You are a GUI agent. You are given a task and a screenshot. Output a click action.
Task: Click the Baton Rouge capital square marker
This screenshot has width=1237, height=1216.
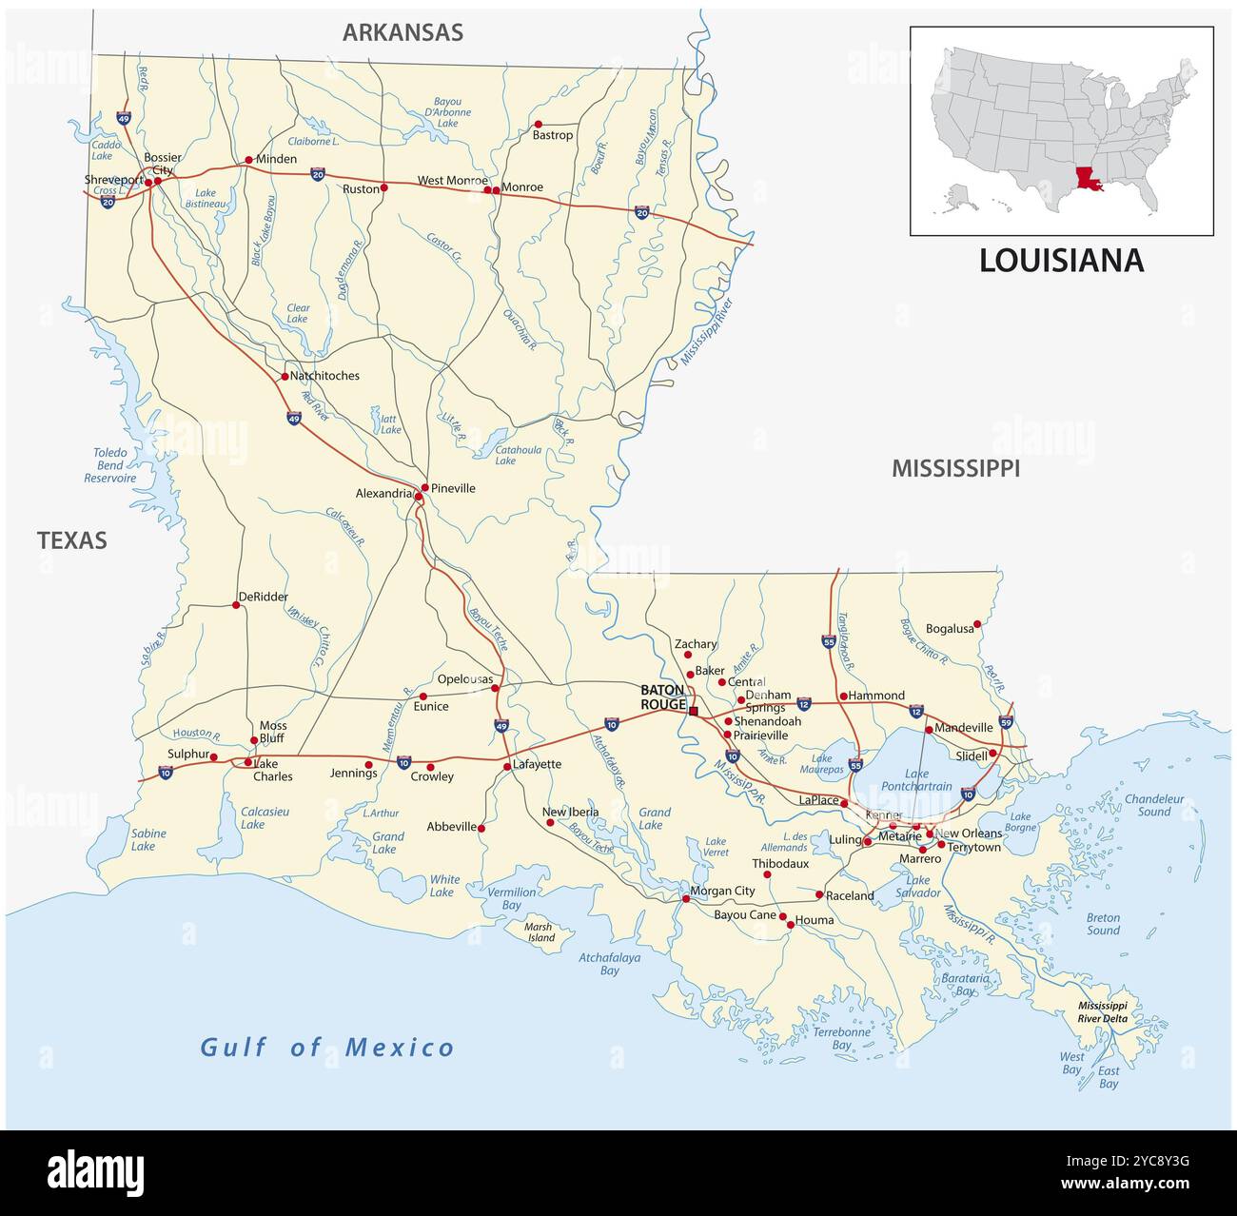[694, 711]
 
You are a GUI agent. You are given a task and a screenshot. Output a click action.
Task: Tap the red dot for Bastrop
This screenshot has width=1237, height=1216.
[538, 124]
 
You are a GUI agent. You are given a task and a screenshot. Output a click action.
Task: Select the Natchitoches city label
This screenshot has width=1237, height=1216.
[324, 376]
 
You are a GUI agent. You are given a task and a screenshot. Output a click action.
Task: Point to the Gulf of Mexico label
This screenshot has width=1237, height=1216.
[327, 1048]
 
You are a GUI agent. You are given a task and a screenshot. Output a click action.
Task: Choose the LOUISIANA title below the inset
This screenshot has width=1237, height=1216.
[1061, 261]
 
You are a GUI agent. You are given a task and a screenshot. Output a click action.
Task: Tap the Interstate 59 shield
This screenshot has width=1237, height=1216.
[1007, 722]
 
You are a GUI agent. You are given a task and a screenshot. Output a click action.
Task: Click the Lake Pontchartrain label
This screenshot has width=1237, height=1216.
[916, 780]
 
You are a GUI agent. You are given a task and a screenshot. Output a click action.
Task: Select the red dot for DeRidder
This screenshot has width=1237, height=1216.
[236, 605]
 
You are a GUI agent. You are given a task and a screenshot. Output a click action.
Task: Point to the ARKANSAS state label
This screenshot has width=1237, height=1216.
[403, 32]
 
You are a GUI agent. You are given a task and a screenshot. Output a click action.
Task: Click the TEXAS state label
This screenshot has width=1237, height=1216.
[72, 540]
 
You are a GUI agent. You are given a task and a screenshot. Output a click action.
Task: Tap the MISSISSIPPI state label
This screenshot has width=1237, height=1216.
[955, 468]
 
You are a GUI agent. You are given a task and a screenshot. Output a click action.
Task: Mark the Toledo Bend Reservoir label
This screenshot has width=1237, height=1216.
[109, 465]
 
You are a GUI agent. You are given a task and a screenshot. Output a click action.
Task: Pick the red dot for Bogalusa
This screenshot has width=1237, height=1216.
[977, 624]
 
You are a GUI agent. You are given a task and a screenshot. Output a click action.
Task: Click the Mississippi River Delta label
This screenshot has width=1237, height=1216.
[1102, 1011]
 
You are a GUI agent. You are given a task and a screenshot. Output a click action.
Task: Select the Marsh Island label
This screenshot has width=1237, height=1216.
[540, 932]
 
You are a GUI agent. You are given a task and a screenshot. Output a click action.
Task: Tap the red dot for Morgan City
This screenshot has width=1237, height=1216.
[685, 898]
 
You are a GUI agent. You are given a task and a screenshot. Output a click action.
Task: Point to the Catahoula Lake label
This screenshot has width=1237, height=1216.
[518, 455]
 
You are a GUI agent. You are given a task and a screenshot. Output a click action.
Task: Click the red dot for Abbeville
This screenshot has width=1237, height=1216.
[481, 829]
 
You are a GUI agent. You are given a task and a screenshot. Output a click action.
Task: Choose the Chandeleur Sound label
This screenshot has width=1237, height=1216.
[1153, 805]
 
